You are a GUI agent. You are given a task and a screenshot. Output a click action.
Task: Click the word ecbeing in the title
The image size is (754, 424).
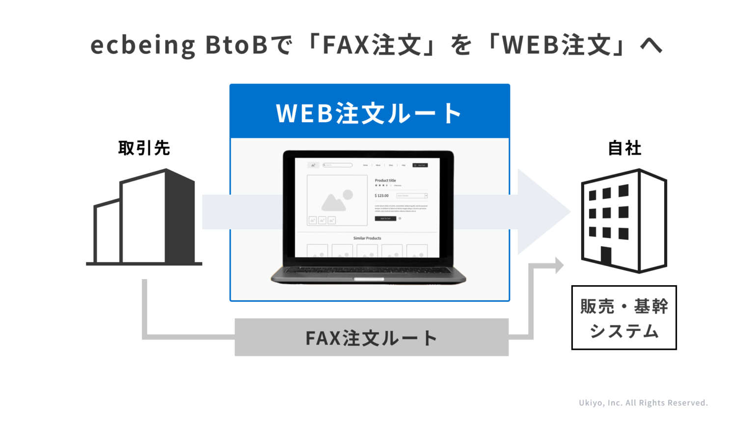click(x=143, y=45)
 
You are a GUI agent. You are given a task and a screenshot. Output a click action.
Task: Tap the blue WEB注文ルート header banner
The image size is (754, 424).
click(x=370, y=112)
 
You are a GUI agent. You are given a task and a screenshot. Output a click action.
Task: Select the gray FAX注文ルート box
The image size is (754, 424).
click(x=371, y=338)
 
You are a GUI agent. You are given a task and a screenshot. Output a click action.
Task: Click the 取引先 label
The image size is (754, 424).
click(x=144, y=148)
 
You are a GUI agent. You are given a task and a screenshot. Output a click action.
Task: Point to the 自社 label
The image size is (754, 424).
click(x=624, y=148)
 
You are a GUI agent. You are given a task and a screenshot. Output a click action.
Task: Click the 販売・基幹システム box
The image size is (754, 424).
click(x=624, y=318)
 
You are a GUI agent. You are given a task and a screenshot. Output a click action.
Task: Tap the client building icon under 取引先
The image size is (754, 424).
click(x=145, y=217)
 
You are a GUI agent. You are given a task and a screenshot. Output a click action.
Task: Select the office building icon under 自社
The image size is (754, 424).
click(x=624, y=220)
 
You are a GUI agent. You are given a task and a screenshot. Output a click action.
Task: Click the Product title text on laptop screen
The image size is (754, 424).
click(x=385, y=181)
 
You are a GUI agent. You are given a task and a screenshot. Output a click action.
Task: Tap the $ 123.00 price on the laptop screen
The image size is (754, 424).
click(x=382, y=196)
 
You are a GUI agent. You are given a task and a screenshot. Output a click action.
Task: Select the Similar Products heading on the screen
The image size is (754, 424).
click(x=367, y=238)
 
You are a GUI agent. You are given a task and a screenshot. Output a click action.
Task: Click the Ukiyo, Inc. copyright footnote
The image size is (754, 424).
click(x=643, y=403)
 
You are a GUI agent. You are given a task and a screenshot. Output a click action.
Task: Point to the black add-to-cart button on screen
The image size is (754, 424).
click(x=385, y=218)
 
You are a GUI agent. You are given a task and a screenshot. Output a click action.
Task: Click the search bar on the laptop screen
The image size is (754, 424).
click(x=338, y=165)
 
